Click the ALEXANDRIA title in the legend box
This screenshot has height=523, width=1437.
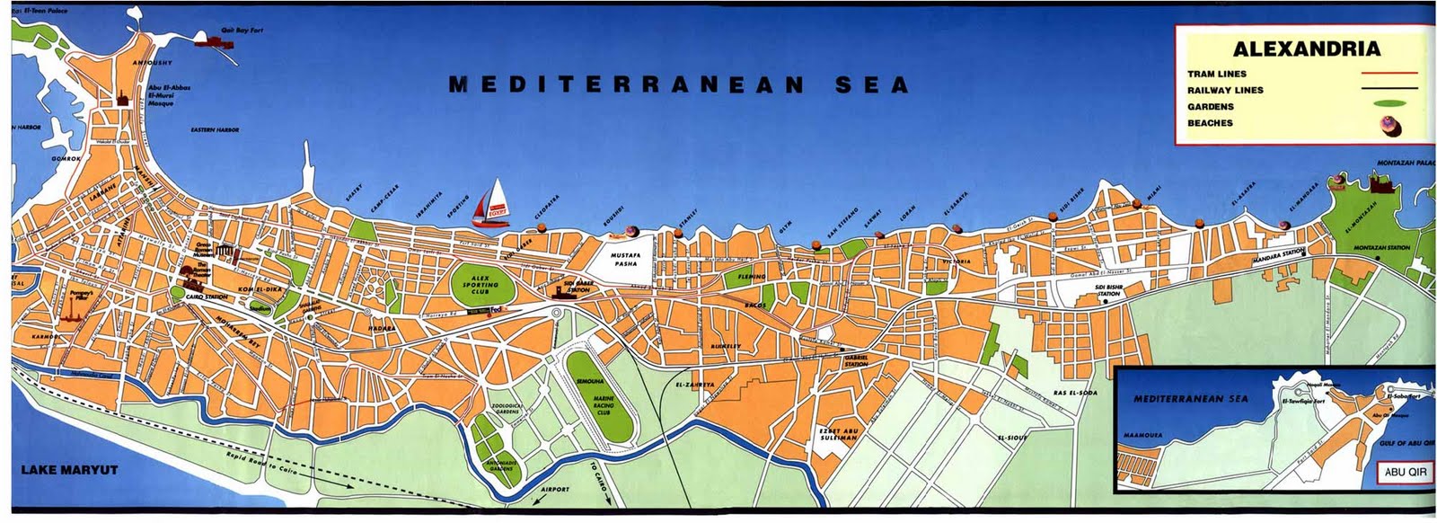click(x=1306, y=49)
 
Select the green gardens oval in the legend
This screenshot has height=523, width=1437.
click(x=1388, y=106)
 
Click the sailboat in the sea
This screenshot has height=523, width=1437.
click(x=490, y=203)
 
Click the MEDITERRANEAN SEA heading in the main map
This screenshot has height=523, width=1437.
click(x=679, y=85)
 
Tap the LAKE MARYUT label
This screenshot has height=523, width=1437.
click(x=69, y=470)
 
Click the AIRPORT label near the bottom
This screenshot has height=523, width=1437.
click(x=555, y=489)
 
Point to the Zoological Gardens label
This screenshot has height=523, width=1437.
click(x=507, y=409)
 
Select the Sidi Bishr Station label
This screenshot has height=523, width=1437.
click(x=1108, y=291)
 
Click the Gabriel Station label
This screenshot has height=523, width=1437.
click(x=856, y=361)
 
